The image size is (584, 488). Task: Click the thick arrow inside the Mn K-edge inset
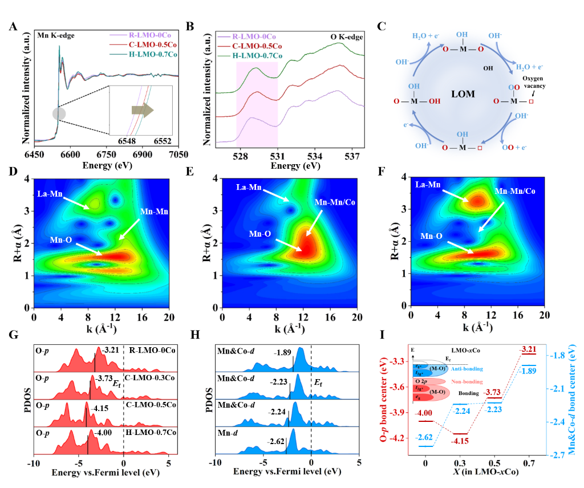pyautogui.click(x=141, y=110)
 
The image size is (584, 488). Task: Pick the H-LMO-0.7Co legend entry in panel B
pyautogui.click(x=258, y=55)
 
